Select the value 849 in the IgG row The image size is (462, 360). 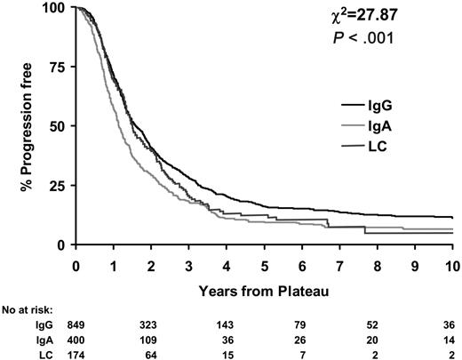click(76, 324)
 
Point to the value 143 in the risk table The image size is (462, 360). click(227, 324)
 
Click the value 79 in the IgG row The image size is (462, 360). click(302, 324)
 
